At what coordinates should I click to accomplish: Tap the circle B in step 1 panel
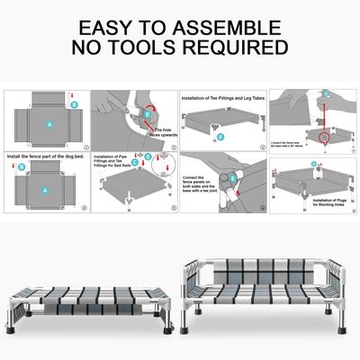76,104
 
